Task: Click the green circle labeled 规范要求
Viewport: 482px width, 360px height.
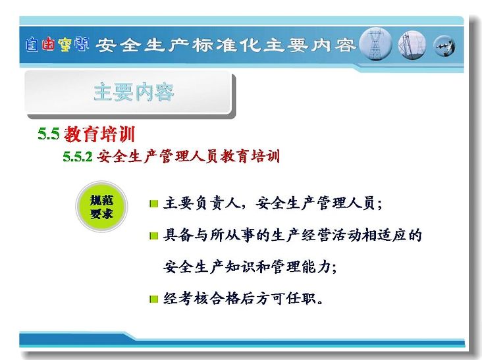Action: point(101,207)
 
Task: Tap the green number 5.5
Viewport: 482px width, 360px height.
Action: point(49,134)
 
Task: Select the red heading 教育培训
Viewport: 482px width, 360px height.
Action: point(99,134)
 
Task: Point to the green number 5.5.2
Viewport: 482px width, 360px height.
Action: point(78,157)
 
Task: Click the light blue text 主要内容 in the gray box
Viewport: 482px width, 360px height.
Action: point(134,92)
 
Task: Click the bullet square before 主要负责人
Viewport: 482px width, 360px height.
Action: point(153,203)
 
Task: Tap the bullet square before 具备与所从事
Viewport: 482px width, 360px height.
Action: point(153,236)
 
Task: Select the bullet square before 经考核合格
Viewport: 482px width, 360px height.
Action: point(153,299)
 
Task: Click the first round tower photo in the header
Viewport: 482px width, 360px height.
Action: point(375,44)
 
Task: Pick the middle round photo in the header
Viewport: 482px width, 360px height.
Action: point(412,45)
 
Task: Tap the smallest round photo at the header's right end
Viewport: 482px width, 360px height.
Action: point(444,46)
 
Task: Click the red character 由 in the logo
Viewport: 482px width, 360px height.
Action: point(48,44)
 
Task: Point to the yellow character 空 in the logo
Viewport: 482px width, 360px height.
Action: point(65,44)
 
